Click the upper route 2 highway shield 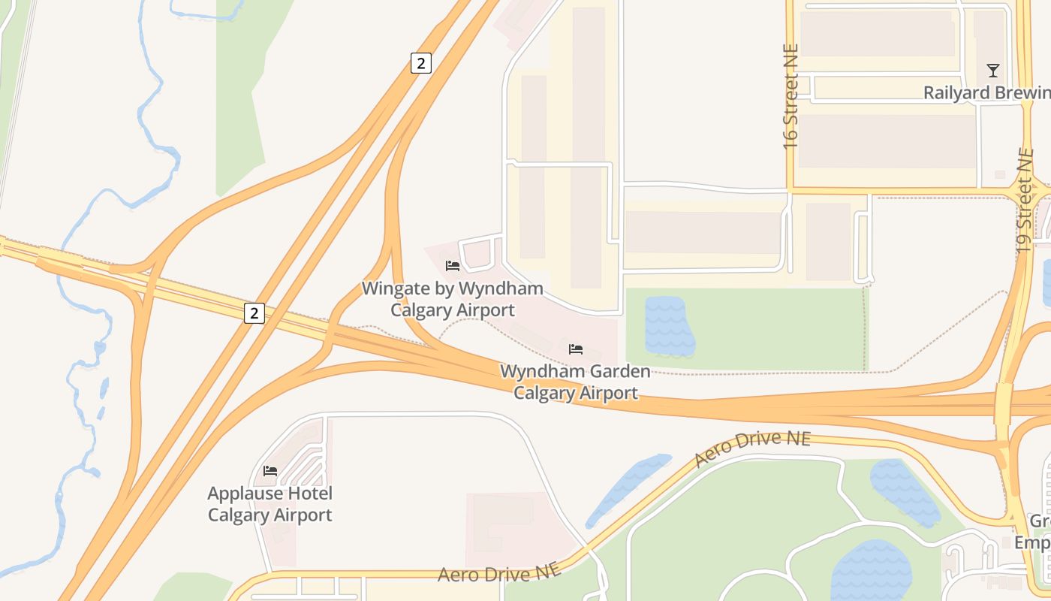(421, 63)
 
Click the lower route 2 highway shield (254, 313)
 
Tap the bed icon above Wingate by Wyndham (453, 265)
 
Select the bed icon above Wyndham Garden (576, 349)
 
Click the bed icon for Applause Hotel (270, 471)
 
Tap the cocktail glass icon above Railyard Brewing (993, 71)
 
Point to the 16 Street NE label (790, 95)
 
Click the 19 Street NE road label (1025, 199)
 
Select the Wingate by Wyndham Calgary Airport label (453, 299)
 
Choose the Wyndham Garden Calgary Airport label (576, 382)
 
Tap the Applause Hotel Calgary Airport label (270, 504)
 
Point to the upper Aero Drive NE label (752, 448)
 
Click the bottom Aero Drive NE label (499, 574)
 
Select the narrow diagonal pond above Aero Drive (627, 489)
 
